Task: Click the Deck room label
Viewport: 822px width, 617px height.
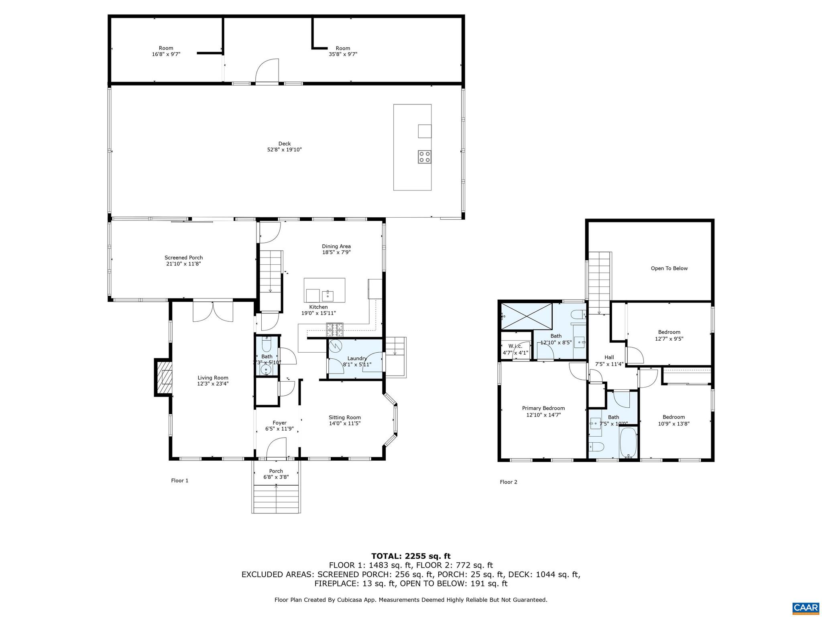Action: [284, 144]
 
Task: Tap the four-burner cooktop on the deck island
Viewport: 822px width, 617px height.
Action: [424, 157]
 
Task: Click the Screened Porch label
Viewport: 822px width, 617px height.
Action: [183, 258]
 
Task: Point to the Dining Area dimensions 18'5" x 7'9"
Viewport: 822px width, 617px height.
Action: [336, 253]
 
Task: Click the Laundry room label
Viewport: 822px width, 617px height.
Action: [357, 358]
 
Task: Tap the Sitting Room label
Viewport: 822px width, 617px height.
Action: [344, 417]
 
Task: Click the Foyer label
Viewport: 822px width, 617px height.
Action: [279, 423]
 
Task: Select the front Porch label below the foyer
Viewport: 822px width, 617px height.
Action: [276, 471]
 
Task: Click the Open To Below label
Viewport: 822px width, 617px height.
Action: [669, 268]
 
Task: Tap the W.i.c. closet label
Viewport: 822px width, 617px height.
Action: [515, 346]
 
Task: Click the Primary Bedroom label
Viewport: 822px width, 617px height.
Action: [543, 408]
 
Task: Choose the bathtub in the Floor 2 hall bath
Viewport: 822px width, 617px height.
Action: [628, 443]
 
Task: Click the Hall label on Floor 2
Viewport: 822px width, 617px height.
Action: [609, 357]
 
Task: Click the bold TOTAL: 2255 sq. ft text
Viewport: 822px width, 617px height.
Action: [411, 556]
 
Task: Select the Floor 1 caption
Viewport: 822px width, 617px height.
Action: [179, 480]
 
